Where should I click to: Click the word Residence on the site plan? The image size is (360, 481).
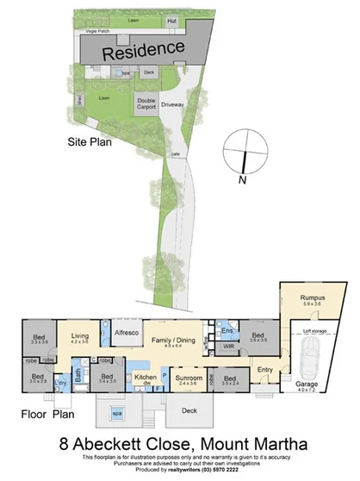coord(144,50)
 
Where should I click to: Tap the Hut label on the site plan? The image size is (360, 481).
coord(172,20)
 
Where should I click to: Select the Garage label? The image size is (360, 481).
coord(307,384)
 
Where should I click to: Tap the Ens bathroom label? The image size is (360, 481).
coord(228,330)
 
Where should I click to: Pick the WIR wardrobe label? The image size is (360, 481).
coord(229,347)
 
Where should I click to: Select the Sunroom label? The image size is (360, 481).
coord(189,378)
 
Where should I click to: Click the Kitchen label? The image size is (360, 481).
coord(145,378)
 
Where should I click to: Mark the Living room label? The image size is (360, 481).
coord(79,337)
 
